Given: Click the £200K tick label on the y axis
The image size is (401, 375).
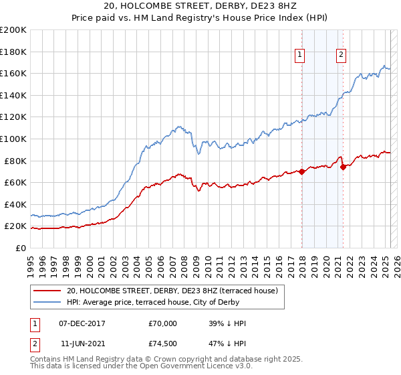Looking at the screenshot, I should coord(13,30).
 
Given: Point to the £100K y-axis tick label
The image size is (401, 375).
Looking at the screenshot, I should coord(13,139).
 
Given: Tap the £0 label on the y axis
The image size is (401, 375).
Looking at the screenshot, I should coord(20,248).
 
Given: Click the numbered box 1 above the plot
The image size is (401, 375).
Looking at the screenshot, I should coord(299,56).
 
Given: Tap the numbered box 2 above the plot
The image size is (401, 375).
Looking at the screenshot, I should coord(341,56).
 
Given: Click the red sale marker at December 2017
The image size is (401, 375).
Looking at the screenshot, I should coord(301,171).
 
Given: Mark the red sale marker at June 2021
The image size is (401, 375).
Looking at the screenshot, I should coord(343,167).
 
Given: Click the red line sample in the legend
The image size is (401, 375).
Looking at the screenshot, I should coord(47,290).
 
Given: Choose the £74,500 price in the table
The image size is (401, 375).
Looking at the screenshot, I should coord(163,342).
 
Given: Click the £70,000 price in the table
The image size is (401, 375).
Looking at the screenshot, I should coord(163,323).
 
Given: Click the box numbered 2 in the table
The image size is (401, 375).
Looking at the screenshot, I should coord(34,342).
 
